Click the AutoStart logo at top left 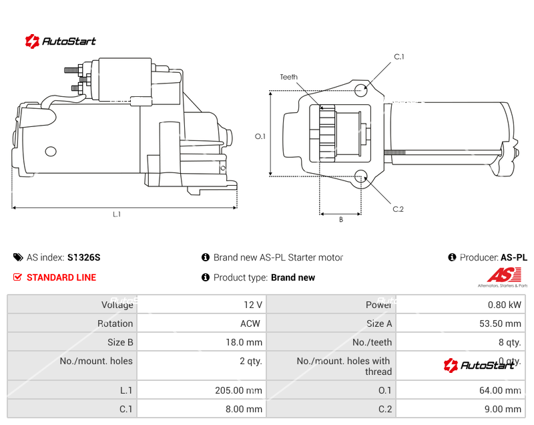[x=61, y=41]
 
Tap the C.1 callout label [x=399, y=57]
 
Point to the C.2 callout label [x=398, y=209]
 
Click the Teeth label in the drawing [x=288, y=78]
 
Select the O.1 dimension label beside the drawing [x=260, y=136]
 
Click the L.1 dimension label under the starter [x=117, y=215]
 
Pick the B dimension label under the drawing [x=340, y=219]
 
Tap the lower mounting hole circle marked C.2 [x=361, y=176]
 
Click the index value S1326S [x=83, y=257]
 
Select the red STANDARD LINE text [x=61, y=277]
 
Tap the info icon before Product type [x=206, y=277]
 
